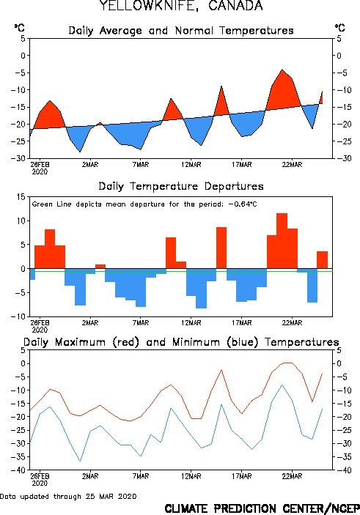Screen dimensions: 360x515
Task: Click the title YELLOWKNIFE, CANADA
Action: tap(181, 6)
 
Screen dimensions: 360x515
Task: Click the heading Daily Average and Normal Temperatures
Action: tap(181, 31)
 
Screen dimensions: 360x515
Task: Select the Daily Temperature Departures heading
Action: tap(181, 186)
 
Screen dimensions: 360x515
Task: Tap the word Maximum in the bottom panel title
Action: tap(80, 342)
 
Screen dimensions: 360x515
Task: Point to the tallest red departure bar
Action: tap(282, 241)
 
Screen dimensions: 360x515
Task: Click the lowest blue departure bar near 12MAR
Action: tap(201, 289)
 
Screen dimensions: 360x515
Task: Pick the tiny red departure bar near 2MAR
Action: tap(100, 267)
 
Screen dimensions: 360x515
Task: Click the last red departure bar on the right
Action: tap(322, 260)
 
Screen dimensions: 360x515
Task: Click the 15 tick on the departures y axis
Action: tap(21, 197)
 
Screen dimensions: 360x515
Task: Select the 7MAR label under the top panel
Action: tap(141, 165)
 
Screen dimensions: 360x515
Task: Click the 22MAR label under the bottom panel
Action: tap(292, 476)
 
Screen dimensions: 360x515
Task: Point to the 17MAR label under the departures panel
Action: tap(242, 323)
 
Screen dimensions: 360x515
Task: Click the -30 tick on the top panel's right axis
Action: tap(342, 158)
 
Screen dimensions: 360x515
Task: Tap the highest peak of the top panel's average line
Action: tap(282, 70)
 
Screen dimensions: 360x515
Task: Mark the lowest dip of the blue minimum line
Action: tap(80, 461)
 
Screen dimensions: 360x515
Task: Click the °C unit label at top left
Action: tap(19, 28)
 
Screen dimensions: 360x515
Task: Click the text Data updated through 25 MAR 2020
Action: tap(68, 496)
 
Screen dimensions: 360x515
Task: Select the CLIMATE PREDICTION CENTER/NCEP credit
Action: tap(262, 508)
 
